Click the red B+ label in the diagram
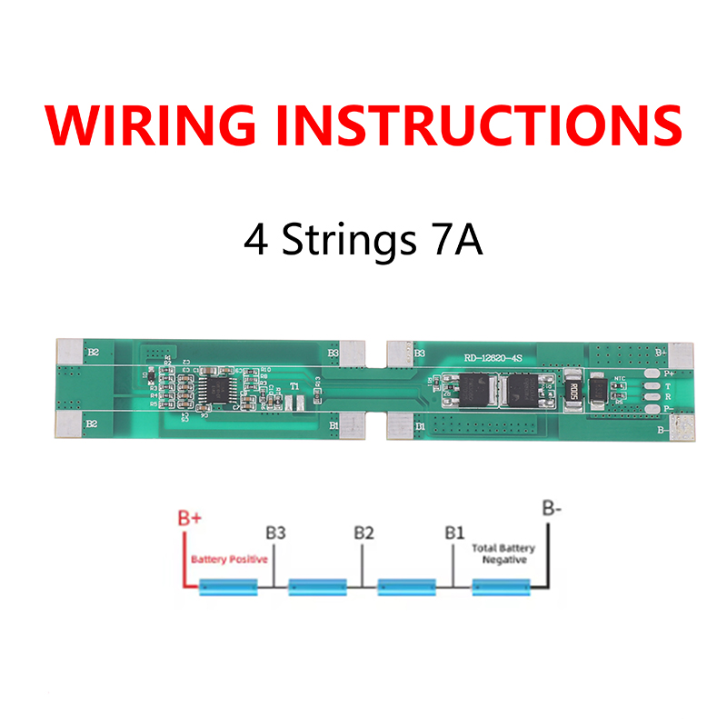[189, 518]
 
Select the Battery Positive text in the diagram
[229, 560]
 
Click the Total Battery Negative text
[503, 554]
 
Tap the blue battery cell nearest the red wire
[228, 589]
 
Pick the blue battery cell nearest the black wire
[501, 589]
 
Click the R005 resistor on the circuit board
[573, 391]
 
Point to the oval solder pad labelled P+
[650, 373]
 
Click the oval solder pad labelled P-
[650, 409]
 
